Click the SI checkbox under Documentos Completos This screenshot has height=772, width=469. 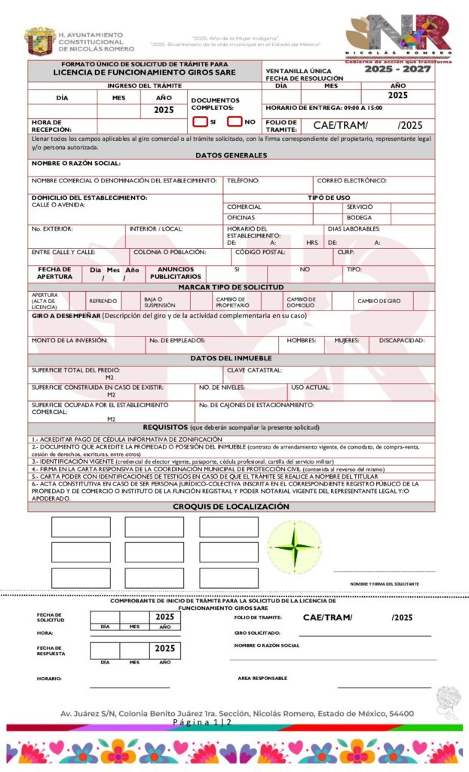[x=200, y=121]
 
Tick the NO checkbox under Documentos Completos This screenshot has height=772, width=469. [x=234, y=121]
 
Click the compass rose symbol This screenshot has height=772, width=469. [x=294, y=545]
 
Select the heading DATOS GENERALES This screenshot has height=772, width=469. [x=231, y=155]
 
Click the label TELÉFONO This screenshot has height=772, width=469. [x=243, y=181]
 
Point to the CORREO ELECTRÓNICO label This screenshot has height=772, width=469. [x=351, y=181]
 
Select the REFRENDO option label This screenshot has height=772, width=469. [x=103, y=301]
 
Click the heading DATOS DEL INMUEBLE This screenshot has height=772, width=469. [x=231, y=358]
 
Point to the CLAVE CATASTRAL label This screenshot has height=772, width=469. [x=255, y=370]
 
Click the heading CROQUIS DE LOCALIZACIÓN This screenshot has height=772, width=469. [x=231, y=506]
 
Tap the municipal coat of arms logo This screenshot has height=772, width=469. [x=39, y=41]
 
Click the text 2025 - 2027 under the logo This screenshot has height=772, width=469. [x=397, y=69]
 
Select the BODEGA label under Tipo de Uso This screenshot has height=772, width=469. [x=359, y=218]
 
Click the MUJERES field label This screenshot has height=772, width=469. [x=347, y=341]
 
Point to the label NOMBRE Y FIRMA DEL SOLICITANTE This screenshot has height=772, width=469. [x=385, y=584]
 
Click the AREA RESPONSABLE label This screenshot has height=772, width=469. [x=262, y=678]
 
